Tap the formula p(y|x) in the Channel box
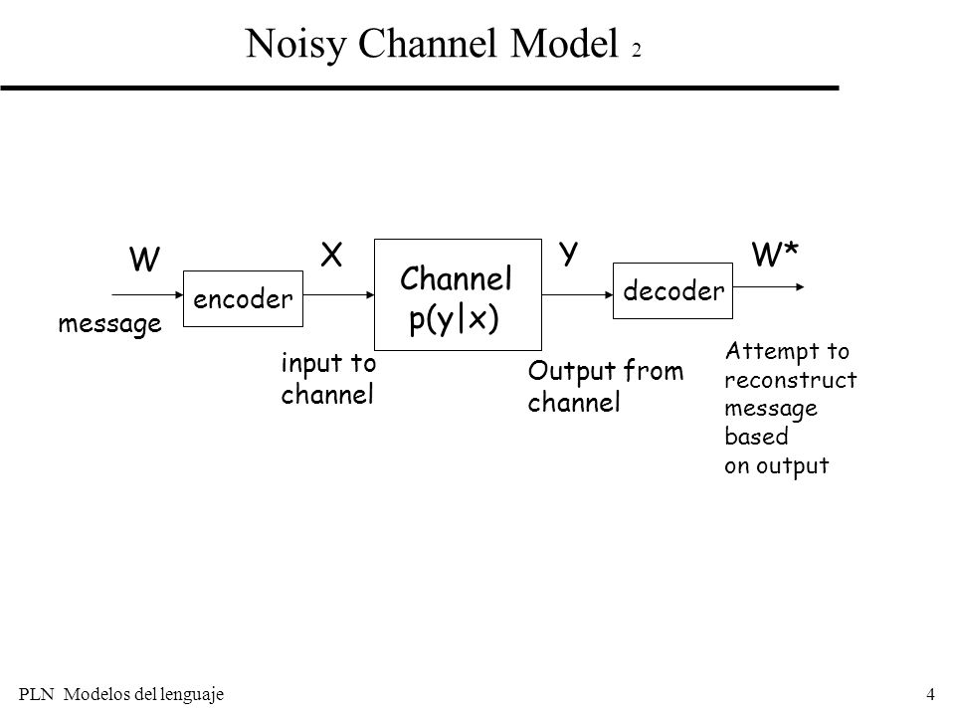pyautogui.click(x=454, y=318)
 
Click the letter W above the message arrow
pyautogui.click(x=144, y=260)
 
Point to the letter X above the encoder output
pyautogui.click(x=331, y=255)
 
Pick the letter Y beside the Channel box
pyautogui.click(x=568, y=253)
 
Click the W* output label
pyautogui.click(x=775, y=254)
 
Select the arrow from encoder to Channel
pyautogui.click(x=338, y=294)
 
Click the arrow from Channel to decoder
pyautogui.click(x=577, y=294)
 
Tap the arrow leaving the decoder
pyautogui.click(x=769, y=286)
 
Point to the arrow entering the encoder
pyautogui.click(x=147, y=294)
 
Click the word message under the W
pyautogui.click(x=110, y=324)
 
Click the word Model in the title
pyautogui.click(x=565, y=43)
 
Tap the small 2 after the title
pyautogui.click(x=637, y=50)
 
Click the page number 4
pyautogui.click(x=930, y=693)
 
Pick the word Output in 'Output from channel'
pyautogui.click(x=571, y=371)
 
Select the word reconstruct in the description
pyautogui.click(x=791, y=380)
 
